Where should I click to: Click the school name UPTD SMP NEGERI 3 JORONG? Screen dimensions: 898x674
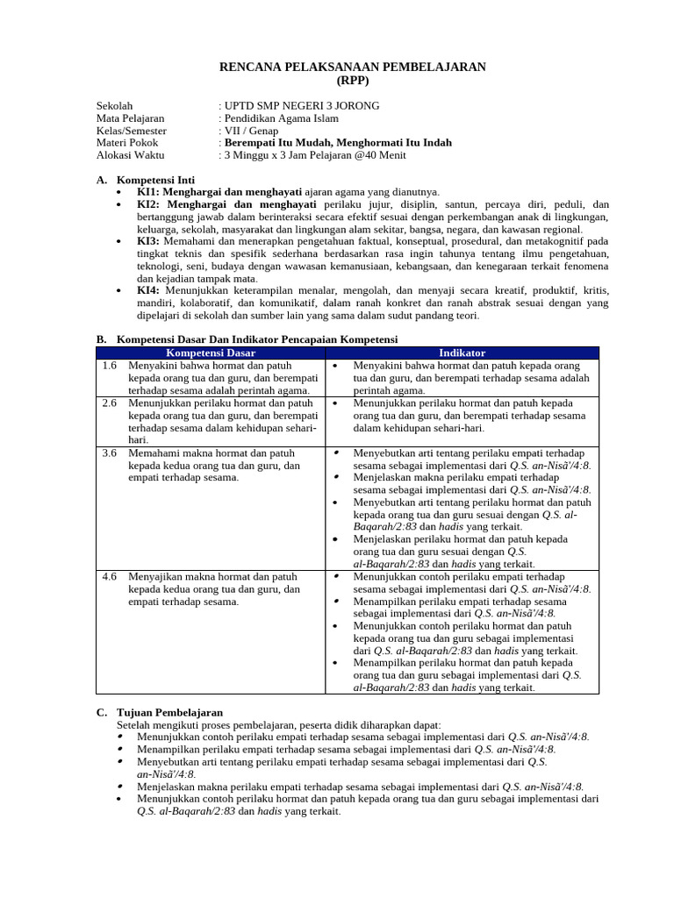pyautogui.click(x=302, y=106)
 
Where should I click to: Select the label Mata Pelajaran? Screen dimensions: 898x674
pyautogui.click(x=130, y=118)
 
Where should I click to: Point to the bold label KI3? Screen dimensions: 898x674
pyautogui.click(x=147, y=240)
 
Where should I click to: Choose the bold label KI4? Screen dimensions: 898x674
pyautogui.click(x=147, y=289)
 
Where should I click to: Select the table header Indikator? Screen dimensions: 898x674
pyautogui.click(x=462, y=353)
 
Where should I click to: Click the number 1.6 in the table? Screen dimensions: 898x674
pyautogui.click(x=110, y=365)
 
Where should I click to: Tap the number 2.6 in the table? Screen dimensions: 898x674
pyautogui.click(x=110, y=403)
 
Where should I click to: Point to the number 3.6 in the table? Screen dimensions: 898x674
pyautogui.click(x=110, y=453)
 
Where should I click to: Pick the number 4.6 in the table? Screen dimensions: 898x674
pyautogui.click(x=110, y=577)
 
